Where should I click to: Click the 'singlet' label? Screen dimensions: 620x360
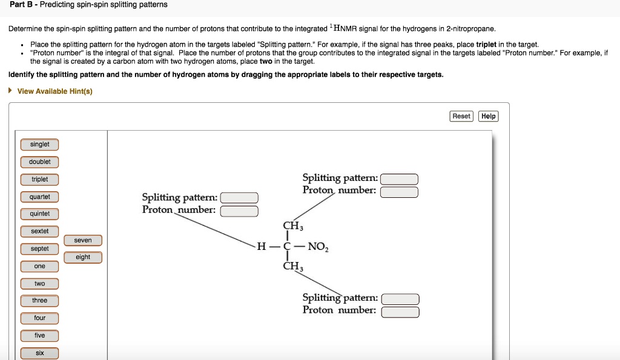coord(39,145)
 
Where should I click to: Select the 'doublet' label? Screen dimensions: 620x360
coord(39,162)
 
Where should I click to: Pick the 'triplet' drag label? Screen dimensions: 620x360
coord(39,180)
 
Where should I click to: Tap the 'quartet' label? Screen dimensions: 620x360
coord(39,197)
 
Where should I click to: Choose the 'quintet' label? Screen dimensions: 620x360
coord(39,214)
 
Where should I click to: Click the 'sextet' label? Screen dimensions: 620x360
coord(39,231)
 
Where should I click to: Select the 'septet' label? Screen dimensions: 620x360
coord(39,249)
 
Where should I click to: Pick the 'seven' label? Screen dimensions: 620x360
coord(83,240)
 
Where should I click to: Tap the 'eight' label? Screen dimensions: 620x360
coord(83,257)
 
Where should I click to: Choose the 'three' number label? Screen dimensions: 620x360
coord(39,301)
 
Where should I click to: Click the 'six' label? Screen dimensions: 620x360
coord(39,353)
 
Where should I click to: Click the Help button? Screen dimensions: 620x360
coord(489,116)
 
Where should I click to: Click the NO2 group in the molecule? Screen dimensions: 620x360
coord(318,247)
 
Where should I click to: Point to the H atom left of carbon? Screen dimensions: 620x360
coord(262,247)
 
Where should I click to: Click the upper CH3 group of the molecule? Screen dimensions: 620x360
coord(293,226)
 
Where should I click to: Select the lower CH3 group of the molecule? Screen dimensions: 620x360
coord(293,266)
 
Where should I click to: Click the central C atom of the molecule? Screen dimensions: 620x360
coord(287,247)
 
